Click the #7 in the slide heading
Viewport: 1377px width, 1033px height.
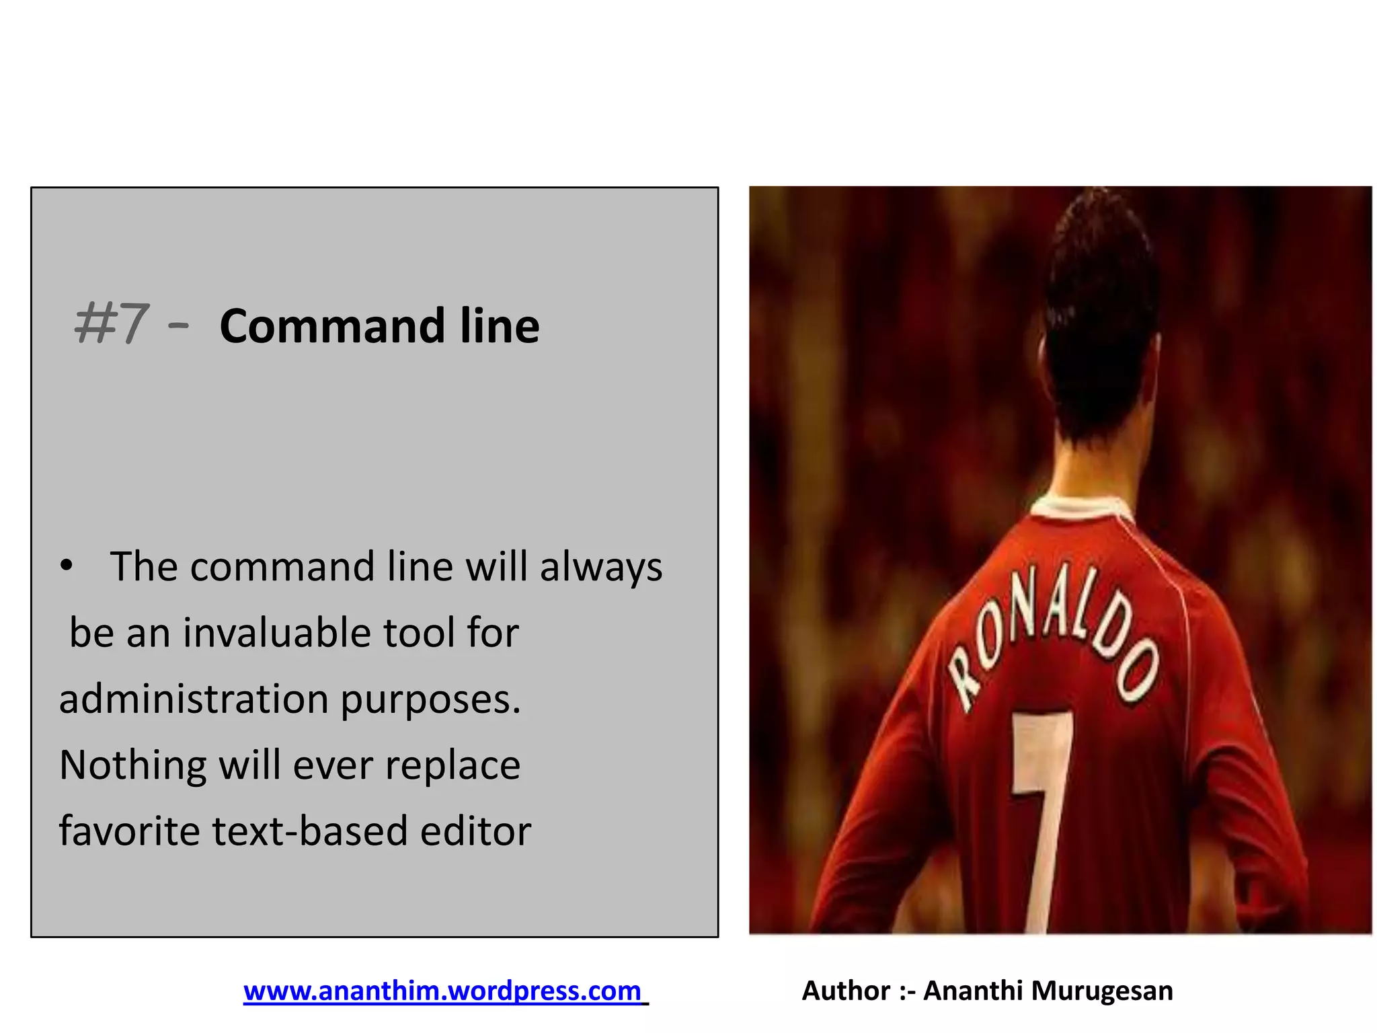pyautogui.click(x=110, y=324)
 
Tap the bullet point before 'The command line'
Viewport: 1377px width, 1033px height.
pyautogui.click(x=66, y=566)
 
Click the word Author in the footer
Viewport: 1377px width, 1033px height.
pyautogui.click(x=846, y=991)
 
